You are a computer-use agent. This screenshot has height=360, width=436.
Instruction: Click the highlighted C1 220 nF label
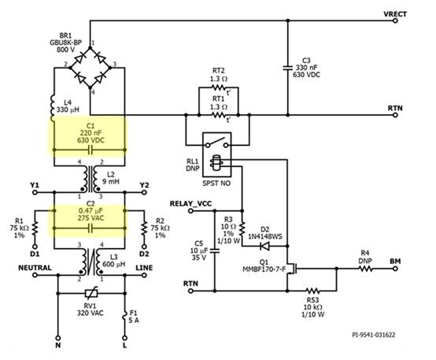coord(89,134)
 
